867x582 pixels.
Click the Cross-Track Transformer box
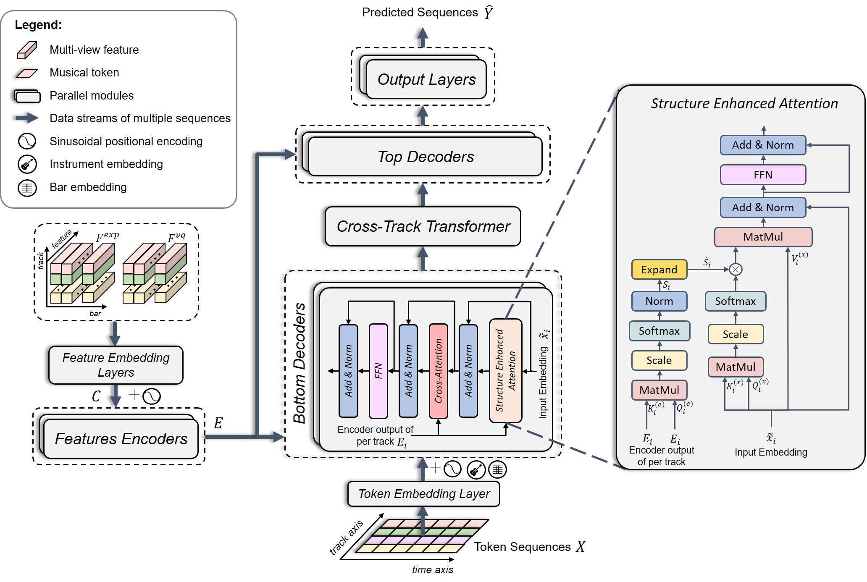point(423,226)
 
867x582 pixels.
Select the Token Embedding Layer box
point(423,494)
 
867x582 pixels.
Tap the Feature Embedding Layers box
point(116,365)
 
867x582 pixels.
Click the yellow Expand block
point(659,270)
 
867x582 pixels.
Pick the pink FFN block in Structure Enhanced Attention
point(763,175)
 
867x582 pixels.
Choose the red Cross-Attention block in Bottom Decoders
point(439,371)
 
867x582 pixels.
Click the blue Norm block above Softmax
point(659,301)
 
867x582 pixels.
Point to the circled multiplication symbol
point(736,269)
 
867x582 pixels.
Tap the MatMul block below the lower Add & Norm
point(763,237)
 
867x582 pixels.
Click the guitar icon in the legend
point(27,164)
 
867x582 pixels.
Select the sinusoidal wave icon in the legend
point(27,142)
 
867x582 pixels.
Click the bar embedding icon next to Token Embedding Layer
point(497,469)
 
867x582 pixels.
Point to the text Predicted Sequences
point(420,13)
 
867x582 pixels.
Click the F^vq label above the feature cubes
point(176,238)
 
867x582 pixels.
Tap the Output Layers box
point(426,79)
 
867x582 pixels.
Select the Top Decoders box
point(425,157)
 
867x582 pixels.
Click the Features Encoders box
point(121,439)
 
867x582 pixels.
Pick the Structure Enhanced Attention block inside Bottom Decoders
point(505,371)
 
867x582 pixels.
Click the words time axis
point(432,570)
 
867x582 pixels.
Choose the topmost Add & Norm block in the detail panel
point(763,145)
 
